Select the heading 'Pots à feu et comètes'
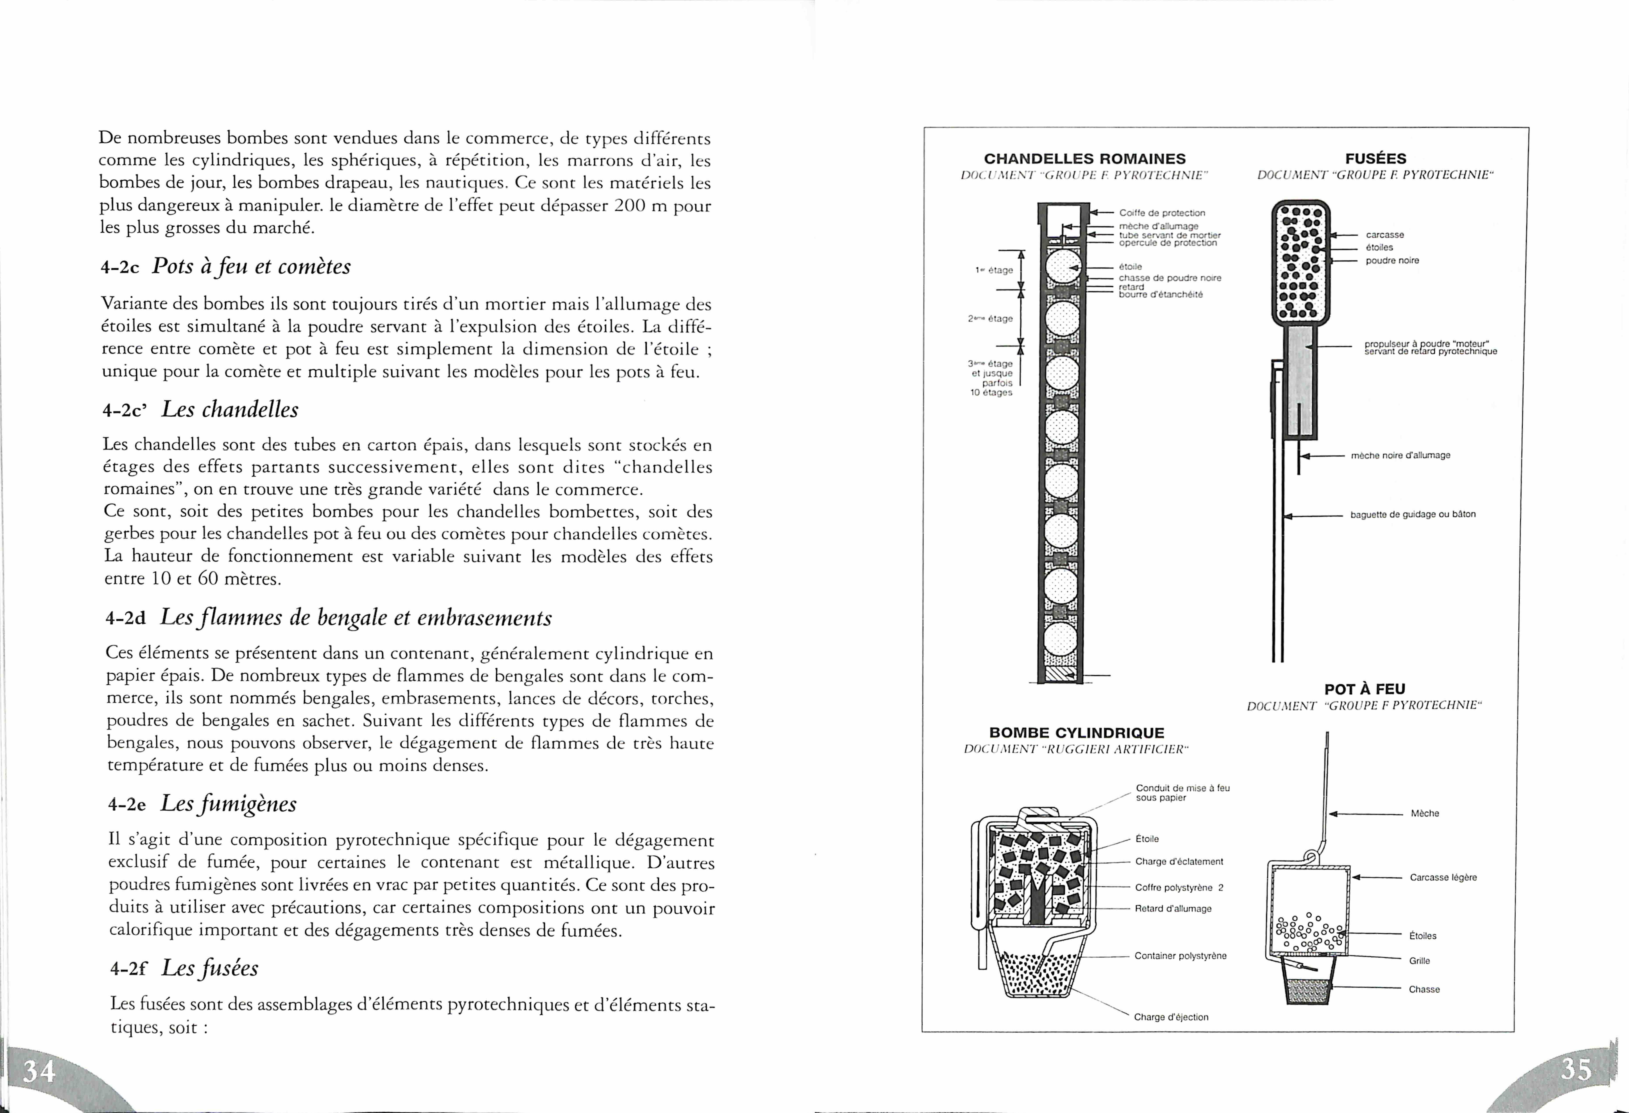[251, 267]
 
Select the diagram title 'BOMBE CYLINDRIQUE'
[1077, 733]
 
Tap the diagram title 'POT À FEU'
[1365, 689]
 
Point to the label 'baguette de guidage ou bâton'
[1413, 514]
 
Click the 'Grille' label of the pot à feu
[1419, 961]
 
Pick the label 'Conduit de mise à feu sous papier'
[1182, 793]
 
